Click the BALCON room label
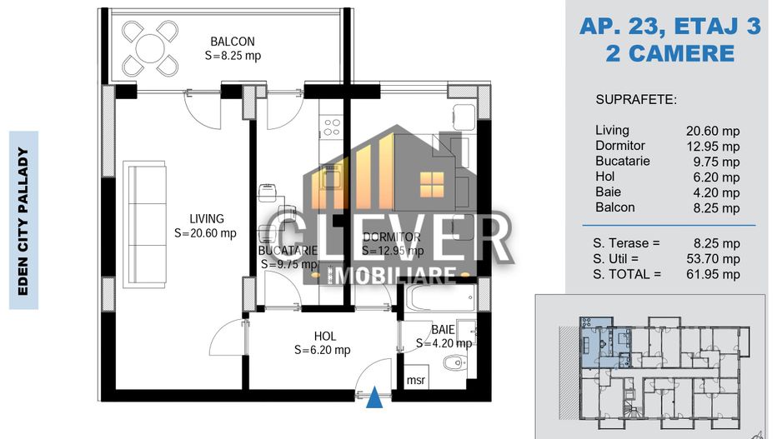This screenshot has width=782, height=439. (x=232, y=42)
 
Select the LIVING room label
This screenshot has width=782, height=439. (x=205, y=219)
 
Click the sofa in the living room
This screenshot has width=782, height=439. (x=141, y=214)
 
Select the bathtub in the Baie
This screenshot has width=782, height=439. (x=439, y=297)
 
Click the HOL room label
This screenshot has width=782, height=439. (x=324, y=336)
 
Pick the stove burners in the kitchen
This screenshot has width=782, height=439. (x=331, y=127)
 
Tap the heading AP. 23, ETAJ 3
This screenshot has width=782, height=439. (x=670, y=27)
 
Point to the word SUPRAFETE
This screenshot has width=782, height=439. (x=636, y=100)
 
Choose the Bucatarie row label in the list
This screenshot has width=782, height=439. (x=623, y=161)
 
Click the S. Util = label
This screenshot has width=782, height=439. (x=626, y=258)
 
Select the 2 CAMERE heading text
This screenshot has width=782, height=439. (x=670, y=54)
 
